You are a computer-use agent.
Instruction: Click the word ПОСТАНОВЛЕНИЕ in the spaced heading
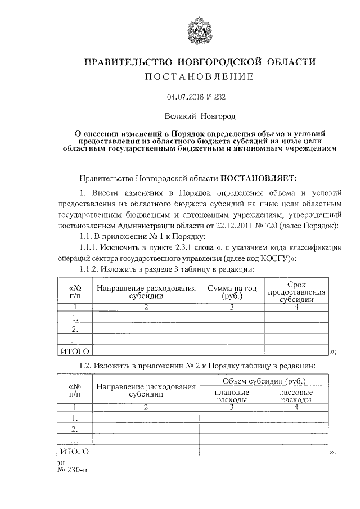coord(199,76)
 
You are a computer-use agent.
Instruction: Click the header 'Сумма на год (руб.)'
coord(231,292)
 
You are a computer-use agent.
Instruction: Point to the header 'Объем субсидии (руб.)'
coord(264,381)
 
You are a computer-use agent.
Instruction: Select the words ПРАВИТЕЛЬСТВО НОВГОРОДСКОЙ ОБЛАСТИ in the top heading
coord(199,61)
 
